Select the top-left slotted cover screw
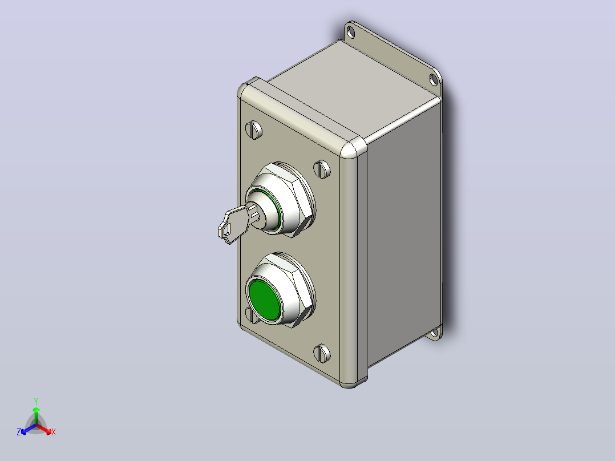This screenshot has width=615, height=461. point(254,130)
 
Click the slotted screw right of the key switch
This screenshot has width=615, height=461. point(322,169)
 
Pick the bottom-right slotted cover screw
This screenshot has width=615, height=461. point(322,354)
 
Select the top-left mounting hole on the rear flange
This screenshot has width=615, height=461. point(351,32)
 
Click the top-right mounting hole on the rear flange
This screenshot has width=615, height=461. point(434,80)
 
